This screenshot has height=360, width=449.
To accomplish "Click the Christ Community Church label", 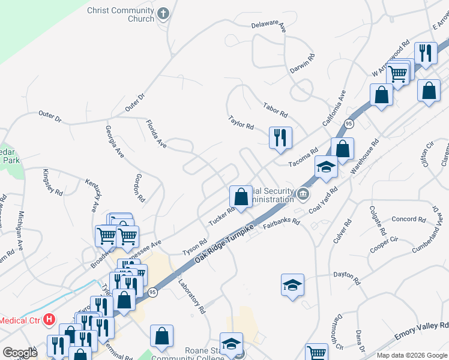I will pyautogui.click(x=121, y=14).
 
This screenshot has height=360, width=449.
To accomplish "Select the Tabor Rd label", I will pyautogui.click(x=276, y=110).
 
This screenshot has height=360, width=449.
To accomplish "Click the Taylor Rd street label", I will pyautogui.click(x=241, y=122).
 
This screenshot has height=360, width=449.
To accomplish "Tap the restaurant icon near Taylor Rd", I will pyautogui.click(x=280, y=137).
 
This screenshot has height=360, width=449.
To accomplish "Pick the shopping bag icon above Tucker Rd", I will pyautogui.click(x=241, y=196).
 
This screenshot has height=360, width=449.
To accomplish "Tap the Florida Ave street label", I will pyautogui.click(x=155, y=133).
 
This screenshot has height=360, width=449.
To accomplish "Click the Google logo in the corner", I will pyautogui.click(x=19, y=353).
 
